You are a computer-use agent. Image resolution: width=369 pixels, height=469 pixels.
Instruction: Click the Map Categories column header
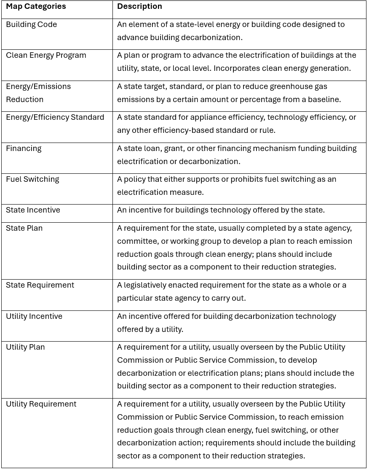coord(36,6)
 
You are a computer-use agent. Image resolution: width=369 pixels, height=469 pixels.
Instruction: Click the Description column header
coord(139,6)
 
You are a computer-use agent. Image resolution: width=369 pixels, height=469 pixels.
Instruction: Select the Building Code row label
coord(31,24)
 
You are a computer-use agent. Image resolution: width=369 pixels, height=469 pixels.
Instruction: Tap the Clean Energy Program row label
coord(46,55)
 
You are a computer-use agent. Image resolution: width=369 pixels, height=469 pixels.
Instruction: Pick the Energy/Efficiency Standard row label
coord(55,117)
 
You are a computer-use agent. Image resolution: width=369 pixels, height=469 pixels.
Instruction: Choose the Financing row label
coord(24,148)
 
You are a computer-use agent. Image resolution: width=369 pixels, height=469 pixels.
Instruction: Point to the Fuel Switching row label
coord(32,179)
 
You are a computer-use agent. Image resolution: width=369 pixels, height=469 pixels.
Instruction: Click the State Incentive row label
coord(33,210)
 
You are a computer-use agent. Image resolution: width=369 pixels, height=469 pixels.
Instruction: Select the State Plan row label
coord(24,228)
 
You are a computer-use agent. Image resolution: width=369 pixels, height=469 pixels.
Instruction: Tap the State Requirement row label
coord(40,285)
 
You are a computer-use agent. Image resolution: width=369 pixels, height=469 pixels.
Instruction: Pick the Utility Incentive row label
coord(34,316)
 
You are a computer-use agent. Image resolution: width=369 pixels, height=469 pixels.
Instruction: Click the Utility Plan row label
coord(25,347)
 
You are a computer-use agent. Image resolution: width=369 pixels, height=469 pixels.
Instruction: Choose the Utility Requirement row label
coord(41,404)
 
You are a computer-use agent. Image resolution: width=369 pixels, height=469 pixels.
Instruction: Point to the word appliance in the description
coord(206,117)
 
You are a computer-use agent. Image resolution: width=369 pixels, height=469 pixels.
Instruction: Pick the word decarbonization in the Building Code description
coord(211,38)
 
